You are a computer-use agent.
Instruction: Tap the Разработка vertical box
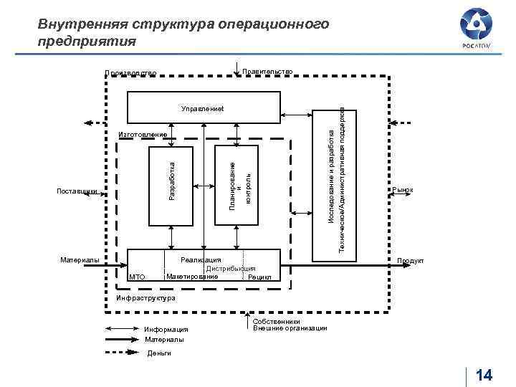[171, 184]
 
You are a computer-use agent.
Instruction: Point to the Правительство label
[267, 71]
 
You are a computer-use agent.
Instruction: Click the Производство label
[130, 72]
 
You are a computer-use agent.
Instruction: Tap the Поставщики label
[76, 191]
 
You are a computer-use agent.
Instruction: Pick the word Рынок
[403, 190]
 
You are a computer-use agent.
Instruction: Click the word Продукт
[411, 261]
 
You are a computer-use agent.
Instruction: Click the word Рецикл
[259, 277]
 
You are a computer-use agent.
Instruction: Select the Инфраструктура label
[145, 298]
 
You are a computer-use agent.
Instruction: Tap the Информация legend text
[166, 330]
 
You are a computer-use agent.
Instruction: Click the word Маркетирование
[191, 276]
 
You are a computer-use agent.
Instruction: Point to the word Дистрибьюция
[231, 268]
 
